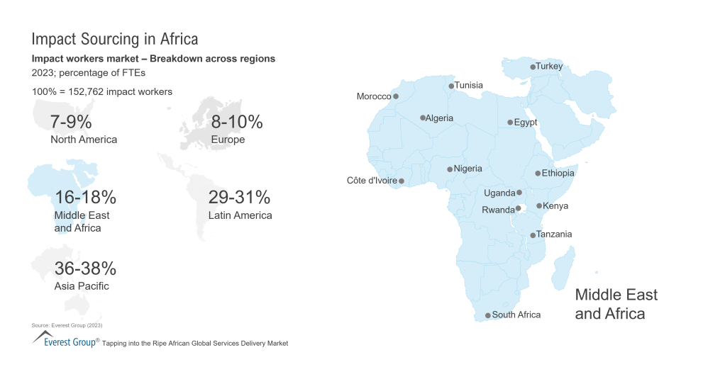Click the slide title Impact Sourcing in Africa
(115, 38)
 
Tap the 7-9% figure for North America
(71, 122)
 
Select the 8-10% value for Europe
(237, 122)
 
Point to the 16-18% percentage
(85, 197)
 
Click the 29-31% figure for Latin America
(239, 197)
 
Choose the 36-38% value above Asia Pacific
(85, 268)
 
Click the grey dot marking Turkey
(533, 67)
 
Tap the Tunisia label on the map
(468, 85)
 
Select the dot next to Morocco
(396, 96)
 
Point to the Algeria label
(439, 118)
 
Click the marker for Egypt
(510, 123)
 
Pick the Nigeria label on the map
(467, 169)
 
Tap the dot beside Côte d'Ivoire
(402, 181)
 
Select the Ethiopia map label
(558, 173)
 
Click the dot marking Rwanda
(518, 208)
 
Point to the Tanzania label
(554, 234)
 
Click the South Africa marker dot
(487, 315)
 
